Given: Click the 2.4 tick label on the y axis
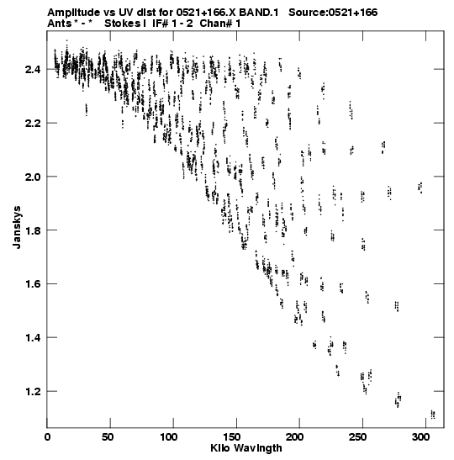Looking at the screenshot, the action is [33, 70].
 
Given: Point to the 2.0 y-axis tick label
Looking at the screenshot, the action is [33, 177].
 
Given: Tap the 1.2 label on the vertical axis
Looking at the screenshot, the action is [33, 392].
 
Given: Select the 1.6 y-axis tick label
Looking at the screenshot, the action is [33, 284].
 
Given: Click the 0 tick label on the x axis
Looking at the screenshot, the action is [47, 437].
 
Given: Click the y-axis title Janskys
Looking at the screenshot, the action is [17, 227].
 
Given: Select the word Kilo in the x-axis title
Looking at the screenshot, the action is [219, 448].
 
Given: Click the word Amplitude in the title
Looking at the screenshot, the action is [74, 13].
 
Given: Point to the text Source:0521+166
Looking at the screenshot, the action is [333, 13].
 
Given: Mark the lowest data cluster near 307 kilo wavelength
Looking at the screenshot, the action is [433, 415].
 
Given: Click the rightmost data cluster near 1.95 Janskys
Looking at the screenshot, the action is [420, 188].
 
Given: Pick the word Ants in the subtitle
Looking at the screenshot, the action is [60, 24].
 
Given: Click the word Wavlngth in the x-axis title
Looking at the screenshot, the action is [257, 449].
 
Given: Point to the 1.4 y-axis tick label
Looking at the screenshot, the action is [33, 338].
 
